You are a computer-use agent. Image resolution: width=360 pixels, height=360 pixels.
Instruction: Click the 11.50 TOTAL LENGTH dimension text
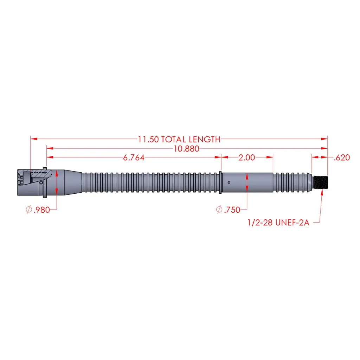pyautogui.click(x=179, y=139)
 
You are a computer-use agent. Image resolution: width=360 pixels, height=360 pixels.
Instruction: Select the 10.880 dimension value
pyautogui.click(x=186, y=149)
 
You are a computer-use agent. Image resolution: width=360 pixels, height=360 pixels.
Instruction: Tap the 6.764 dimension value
pyautogui.click(x=134, y=158)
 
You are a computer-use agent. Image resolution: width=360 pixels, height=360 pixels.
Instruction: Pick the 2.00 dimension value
pyautogui.click(x=246, y=157)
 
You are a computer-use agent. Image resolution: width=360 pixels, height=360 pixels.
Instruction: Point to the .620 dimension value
pyautogui.click(x=342, y=158)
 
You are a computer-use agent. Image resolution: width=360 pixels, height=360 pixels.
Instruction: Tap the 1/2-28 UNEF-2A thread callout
pyautogui.click(x=278, y=223)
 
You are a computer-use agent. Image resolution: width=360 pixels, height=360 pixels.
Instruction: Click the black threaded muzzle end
pyautogui.click(x=321, y=182)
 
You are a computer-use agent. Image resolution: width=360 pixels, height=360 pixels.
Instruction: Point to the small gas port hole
pyautogui.click(x=229, y=182)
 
